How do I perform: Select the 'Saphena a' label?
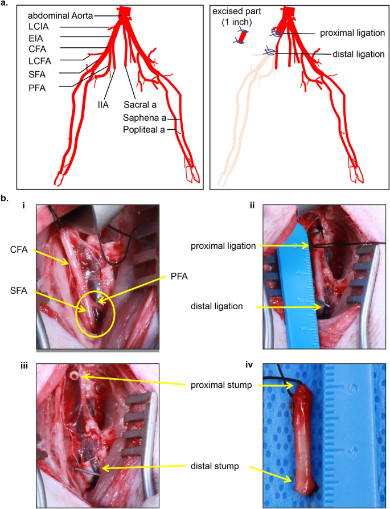[x=149, y=118]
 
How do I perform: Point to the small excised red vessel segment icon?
[x=241, y=36]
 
